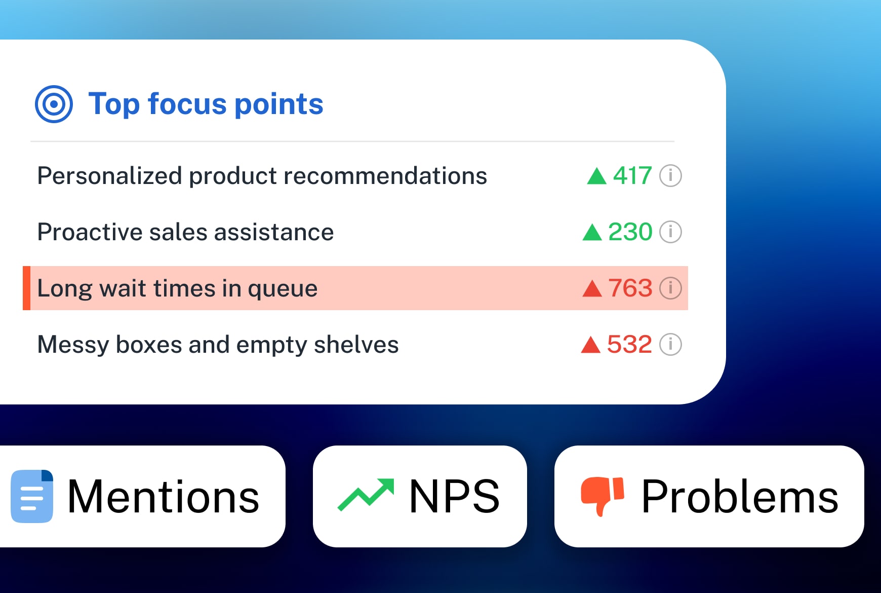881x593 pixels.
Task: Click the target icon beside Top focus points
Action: coord(54,104)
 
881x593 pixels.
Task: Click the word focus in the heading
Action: coord(187,104)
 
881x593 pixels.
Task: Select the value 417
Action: coord(632,176)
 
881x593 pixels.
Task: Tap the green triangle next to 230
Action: coord(592,233)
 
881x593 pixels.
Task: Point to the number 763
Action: coord(630,288)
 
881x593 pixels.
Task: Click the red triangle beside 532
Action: coord(590,345)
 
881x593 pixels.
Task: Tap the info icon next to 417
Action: coord(670,176)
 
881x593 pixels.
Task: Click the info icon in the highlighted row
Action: coord(670,288)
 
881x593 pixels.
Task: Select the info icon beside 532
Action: coord(670,345)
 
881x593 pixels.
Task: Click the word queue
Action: coord(283,289)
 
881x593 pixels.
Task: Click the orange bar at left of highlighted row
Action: coord(26,288)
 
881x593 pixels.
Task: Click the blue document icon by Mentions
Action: coord(32,496)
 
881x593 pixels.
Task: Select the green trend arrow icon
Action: coord(366,495)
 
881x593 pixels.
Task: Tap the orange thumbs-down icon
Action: coord(602,495)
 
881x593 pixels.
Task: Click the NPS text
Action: coord(454,497)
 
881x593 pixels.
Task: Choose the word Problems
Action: coord(739,497)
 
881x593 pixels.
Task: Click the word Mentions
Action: coord(163,497)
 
